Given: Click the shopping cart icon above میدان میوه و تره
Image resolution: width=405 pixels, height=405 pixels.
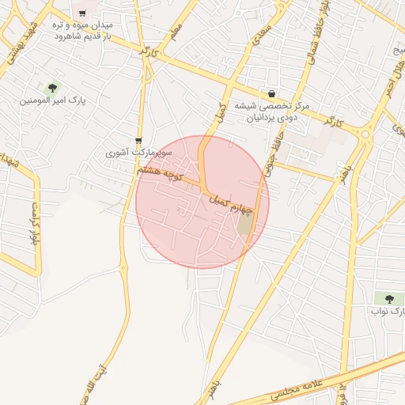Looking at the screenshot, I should [81, 13].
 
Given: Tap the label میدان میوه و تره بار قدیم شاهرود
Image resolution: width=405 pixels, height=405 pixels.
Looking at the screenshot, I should [82, 31].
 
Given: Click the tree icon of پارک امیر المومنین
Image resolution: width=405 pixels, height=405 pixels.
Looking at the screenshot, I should [53, 88].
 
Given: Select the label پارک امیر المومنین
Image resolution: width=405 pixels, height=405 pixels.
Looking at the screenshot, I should [53, 101].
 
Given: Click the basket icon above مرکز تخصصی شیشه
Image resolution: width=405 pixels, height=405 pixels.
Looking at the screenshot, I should [272, 93].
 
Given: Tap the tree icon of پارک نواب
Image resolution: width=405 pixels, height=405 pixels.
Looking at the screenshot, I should [388, 298].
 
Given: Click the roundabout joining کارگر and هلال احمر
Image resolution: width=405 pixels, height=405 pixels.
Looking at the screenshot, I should [365, 134].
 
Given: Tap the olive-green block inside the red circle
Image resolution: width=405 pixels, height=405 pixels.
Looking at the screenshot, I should [246, 225].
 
